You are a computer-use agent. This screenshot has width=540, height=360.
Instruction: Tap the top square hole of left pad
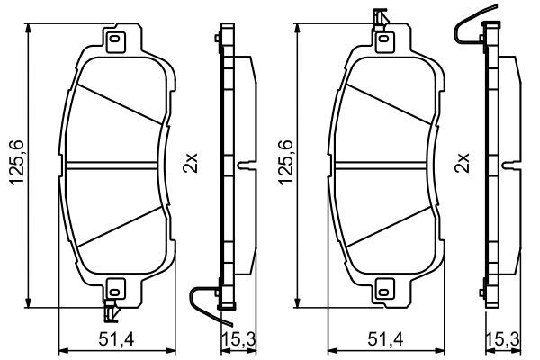[x=114, y=40]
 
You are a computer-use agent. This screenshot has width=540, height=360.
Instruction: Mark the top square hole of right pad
[x=384, y=40]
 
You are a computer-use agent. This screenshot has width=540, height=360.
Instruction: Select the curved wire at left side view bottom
[x=205, y=303]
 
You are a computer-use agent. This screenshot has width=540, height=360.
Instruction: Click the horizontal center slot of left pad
[x=114, y=166]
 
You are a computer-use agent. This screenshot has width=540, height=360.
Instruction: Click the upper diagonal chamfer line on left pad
[x=117, y=105]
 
